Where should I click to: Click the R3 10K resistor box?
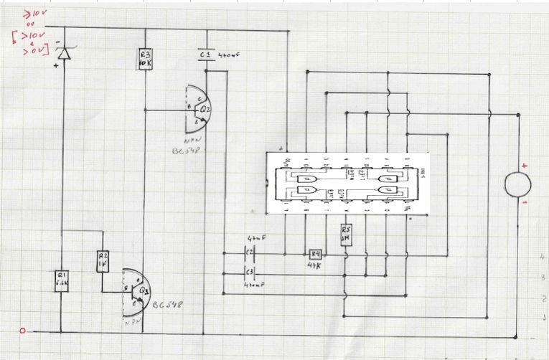[x=145, y=59]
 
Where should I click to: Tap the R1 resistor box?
[x=61, y=280]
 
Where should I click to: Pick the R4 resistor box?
[x=314, y=253]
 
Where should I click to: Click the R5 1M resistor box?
[x=345, y=235]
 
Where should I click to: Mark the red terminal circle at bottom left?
[x=22, y=331]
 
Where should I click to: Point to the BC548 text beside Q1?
[x=169, y=305]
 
